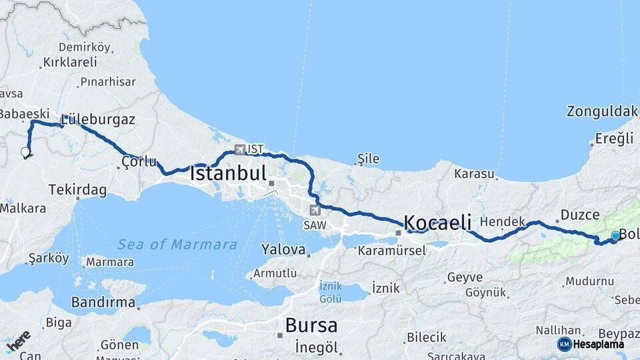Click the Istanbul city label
click(228, 174)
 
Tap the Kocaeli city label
click(437, 222)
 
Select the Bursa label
click(311, 325)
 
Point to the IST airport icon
click(239, 149)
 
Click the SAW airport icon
click(315, 211)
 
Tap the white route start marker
click(25, 153)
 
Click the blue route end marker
click(615, 235)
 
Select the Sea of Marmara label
click(177, 245)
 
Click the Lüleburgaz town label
click(98, 120)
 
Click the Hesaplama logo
click(591, 344)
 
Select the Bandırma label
click(103, 302)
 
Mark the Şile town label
click(368, 159)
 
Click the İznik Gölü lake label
click(331, 291)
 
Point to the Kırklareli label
click(69, 62)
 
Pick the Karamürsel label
click(391, 251)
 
